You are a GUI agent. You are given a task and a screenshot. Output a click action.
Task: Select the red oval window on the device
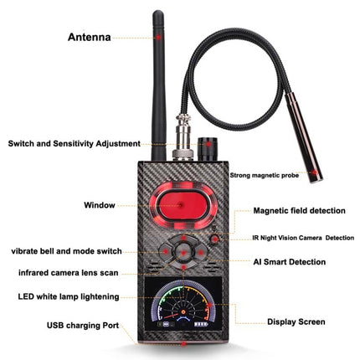click(183, 204)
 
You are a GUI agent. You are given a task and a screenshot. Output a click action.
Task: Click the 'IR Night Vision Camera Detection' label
click(303, 238)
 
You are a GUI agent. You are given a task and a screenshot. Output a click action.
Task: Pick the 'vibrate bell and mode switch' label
click(66, 250)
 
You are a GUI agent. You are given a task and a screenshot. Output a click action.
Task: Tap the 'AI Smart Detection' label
click(289, 262)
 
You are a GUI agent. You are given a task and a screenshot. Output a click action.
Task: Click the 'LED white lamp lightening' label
click(68, 296)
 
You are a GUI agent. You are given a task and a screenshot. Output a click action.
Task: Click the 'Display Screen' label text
click(296, 321)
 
